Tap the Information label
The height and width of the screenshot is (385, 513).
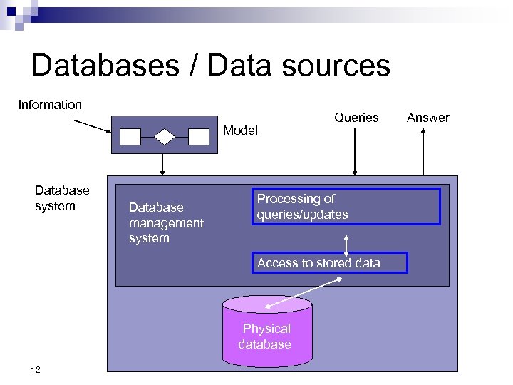[50, 105]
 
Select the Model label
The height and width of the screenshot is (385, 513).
[240, 130]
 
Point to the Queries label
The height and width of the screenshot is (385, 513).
[356, 118]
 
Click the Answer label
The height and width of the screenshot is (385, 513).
[427, 118]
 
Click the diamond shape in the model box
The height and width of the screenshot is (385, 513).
[165, 135]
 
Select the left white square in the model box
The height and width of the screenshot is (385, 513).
[131, 136]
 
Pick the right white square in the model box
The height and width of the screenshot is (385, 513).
[198, 136]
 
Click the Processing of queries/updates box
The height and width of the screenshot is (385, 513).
[346, 206]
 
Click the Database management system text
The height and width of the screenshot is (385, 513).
[165, 222]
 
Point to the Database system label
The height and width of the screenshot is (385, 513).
[62, 197]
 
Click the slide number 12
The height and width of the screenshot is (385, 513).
[36, 369]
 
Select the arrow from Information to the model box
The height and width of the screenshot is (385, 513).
[91, 125]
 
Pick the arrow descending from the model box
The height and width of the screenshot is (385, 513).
[162, 165]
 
